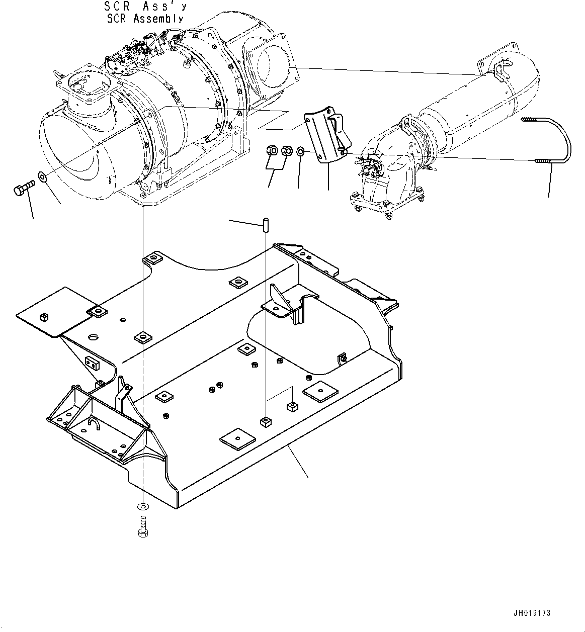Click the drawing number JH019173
pyautogui.click(x=532, y=613)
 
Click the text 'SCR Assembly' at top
pyautogui.click(x=145, y=19)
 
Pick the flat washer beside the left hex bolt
pyautogui.click(x=42, y=176)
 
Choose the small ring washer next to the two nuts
pyautogui.click(x=300, y=151)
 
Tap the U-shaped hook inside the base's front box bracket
pyautogui.click(x=96, y=425)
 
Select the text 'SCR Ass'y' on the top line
pyautogui.click(x=145, y=7)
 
